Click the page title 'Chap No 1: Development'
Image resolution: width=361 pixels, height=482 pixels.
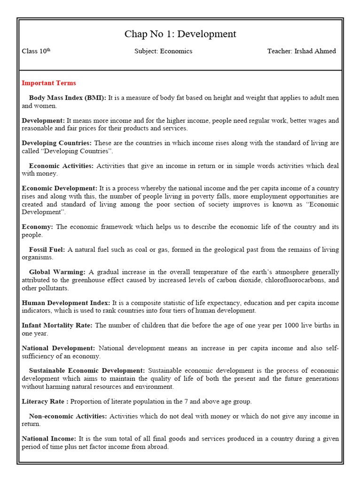(180, 34)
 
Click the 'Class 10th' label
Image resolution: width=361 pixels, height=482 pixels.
(36, 51)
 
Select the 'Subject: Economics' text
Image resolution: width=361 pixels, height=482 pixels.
(163, 51)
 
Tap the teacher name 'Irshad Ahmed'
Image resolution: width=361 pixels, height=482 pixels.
(315, 51)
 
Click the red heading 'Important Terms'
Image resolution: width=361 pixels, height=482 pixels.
(48, 83)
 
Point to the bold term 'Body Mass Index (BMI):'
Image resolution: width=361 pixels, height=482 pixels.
(68, 98)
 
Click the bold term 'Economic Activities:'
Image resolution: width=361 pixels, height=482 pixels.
(61, 166)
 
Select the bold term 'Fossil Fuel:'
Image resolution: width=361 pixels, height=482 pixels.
(47, 249)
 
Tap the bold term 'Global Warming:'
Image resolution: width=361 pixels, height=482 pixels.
(57, 272)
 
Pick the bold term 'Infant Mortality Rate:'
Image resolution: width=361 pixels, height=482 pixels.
(57, 325)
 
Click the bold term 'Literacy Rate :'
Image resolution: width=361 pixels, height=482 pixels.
(46, 402)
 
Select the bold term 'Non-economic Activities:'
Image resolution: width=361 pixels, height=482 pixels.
(68, 416)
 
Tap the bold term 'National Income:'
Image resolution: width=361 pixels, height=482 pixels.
(49, 439)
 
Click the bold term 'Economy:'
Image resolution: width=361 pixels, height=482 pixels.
(37, 227)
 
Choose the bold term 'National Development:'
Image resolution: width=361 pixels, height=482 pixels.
(58, 348)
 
